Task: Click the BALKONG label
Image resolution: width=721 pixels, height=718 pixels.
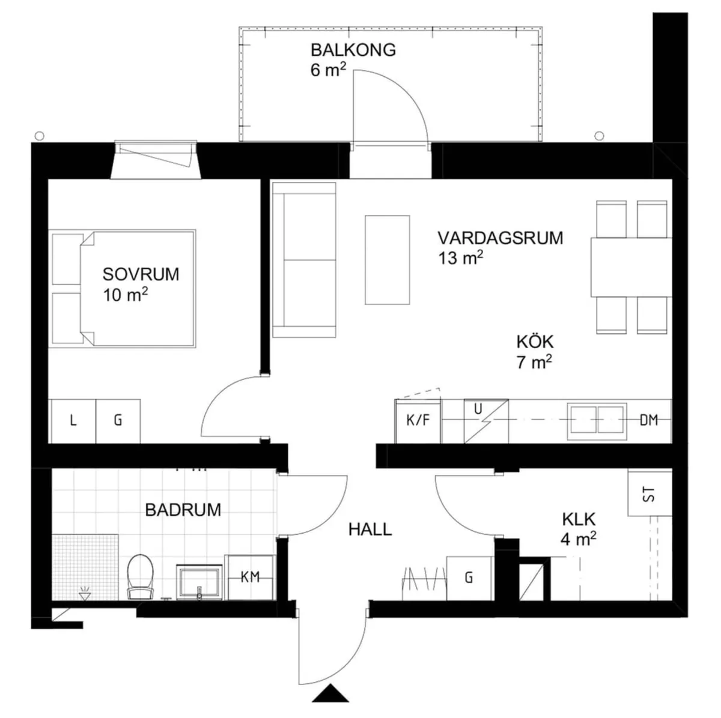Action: click(x=353, y=50)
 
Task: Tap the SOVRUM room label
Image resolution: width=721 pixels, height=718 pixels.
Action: click(x=141, y=274)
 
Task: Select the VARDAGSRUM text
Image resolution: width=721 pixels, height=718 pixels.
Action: click(x=500, y=238)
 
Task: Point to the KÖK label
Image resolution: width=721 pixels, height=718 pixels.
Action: click(x=535, y=342)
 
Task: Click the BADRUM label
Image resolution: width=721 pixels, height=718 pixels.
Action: click(x=183, y=510)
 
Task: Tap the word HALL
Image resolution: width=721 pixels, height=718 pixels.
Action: click(x=370, y=529)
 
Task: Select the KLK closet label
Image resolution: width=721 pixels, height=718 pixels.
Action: click(x=579, y=519)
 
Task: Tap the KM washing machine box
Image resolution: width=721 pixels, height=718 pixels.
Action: click(x=250, y=578)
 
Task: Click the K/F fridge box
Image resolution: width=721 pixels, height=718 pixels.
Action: click(x=418, y=420)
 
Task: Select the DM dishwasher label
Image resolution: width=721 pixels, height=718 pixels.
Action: click(x=649, y=420)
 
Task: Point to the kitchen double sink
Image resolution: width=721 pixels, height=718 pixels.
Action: click(x=597, y=418)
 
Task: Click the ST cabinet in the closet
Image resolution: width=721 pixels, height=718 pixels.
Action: click(x=649, y=493)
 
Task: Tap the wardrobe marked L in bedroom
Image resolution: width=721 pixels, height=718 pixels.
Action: click(x=73, y=421)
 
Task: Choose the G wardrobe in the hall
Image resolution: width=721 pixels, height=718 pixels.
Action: click(x=469, y=578)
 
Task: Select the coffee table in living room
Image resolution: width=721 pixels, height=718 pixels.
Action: click(x=388, y=259)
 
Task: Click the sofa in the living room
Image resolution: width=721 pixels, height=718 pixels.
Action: click(x=303, y=260)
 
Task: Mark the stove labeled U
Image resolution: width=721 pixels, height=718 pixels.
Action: click(x=485, y=420)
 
